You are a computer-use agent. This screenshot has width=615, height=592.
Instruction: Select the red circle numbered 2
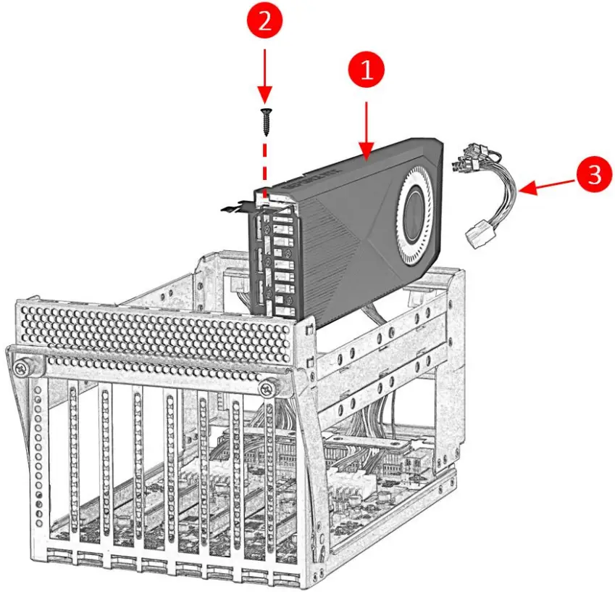click(x=264, y=22)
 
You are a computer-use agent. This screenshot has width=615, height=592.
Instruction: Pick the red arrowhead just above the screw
click(x=264, y=94)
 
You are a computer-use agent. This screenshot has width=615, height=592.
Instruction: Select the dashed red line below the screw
click(x=264, y=163)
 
